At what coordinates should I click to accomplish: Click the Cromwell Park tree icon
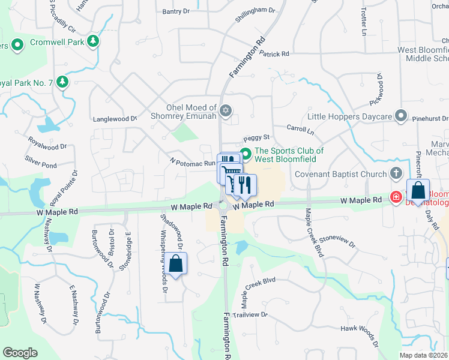tap(93, 41)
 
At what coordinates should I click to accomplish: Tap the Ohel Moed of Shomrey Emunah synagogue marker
tap(226, 110)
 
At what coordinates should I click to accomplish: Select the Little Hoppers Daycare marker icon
tap(402, 116)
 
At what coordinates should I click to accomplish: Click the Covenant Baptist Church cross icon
tap(395, 174)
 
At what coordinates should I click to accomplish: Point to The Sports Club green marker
tap(245, 151)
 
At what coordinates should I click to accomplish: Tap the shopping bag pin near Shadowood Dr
tap(175, 263)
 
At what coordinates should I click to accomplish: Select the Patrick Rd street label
tap(274, 54)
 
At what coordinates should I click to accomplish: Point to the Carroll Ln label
tap(300, 129)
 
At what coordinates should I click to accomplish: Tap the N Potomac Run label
tap(192, 163)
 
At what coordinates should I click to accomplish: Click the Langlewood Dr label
tap(116, 119)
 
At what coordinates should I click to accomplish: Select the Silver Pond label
tap(40, 163)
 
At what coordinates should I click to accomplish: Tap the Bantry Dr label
tap(176, 11)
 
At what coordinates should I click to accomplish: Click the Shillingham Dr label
tap(255, 10)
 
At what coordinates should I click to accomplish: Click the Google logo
tap(20, 353)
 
